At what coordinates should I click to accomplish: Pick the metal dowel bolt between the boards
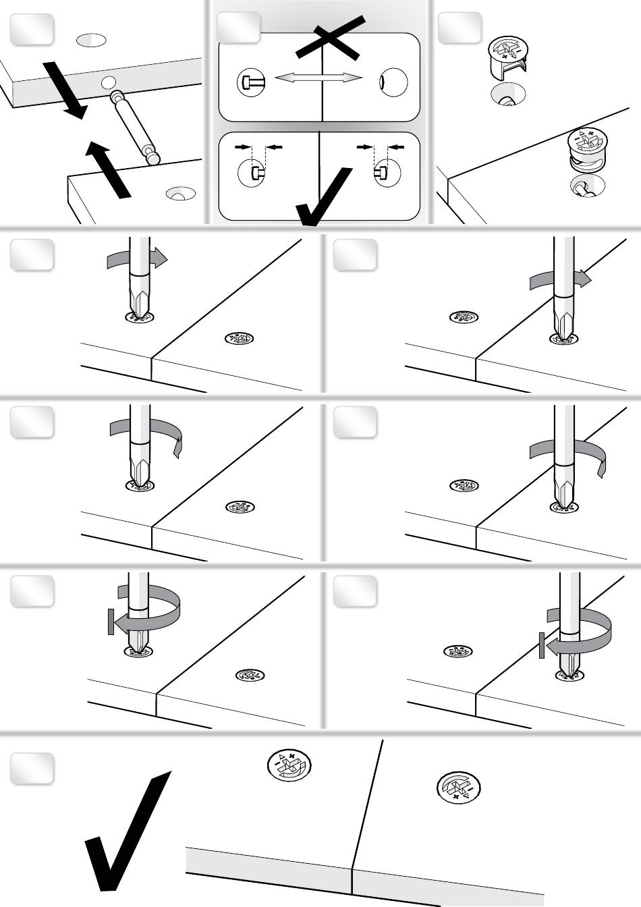tap(135, 126)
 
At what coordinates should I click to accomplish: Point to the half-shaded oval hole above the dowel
tap(92, 40)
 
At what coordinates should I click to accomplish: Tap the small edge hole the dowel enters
tap(107, 83)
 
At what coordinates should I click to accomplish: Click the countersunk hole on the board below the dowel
tap(178, 195)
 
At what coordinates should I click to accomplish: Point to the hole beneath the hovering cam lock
tap(506, 96)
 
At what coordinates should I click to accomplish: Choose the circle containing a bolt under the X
tap(250, 82)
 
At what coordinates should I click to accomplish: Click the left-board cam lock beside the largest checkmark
tap(290, 767)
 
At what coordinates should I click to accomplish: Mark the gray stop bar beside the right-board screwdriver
tap(541, 646)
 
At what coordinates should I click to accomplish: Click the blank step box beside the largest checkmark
tap(32, 769)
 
